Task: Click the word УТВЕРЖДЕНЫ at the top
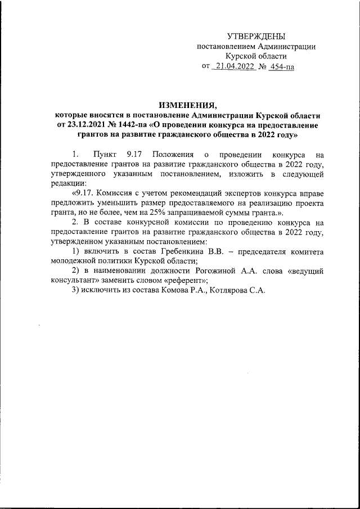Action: click(256, 36)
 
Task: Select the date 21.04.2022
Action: click(233, 66)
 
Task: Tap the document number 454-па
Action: click(282, 66)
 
